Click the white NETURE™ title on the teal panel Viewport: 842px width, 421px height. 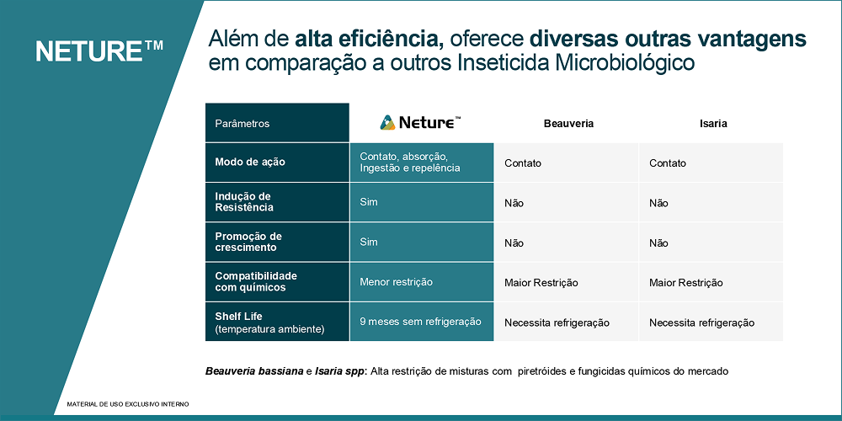[x=99, y=51]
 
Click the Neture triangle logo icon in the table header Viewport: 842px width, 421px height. [x=387, y=122]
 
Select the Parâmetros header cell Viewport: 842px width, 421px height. [x=277, y=123]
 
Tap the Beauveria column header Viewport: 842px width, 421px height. [x=568, y=124]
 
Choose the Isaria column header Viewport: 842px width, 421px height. [x=713, y=124]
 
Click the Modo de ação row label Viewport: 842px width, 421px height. [x=277, y=163]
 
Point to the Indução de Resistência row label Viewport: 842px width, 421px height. [x=277, y=202]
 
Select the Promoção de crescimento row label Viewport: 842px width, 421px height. [x=277, y=242]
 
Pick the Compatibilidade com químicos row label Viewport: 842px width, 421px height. [x=277, y=282]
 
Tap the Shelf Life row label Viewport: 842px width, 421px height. [x=277, y=322]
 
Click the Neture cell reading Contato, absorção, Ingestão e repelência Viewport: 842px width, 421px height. [x=422, y=163]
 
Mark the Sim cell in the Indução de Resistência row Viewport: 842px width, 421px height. [x=422, y=202]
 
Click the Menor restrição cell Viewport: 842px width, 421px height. [x=422, y=282]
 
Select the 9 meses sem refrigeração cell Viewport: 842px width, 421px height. [x=422, y=322]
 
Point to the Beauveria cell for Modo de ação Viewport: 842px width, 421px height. [x=566, y=163]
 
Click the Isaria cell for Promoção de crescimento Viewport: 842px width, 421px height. [x=711, y=242]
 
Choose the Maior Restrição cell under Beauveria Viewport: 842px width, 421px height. [x=566, y=282]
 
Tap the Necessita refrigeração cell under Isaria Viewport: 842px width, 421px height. [x=711, y=322]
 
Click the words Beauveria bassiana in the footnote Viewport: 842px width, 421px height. [x=254, y=371]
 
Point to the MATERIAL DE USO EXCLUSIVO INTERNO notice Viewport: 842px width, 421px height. [x=128, y=404]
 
